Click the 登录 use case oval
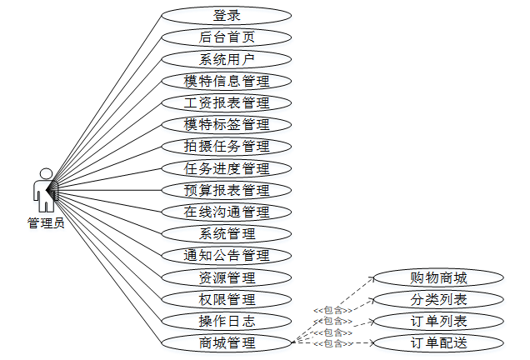[227, 16]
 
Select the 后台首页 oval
[227, 37]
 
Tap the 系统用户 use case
[227, 59]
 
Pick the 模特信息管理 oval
[227, 81]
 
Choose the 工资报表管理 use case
[227, 102]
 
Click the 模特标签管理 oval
[227, 124]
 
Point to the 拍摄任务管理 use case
[227, 146]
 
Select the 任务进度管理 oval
[227, 168]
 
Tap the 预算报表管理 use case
[227, 190]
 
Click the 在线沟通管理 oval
[227, 212]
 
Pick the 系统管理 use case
[227, 233]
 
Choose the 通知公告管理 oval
[227, 255]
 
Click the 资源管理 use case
[227, 277]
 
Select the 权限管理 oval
[227, 299]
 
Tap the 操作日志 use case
[227, 321]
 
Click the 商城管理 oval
[227, 342]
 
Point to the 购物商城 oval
[438, 277]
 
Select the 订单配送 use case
[438, 342]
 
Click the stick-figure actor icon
[44, 190]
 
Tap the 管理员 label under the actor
[45, 223]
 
